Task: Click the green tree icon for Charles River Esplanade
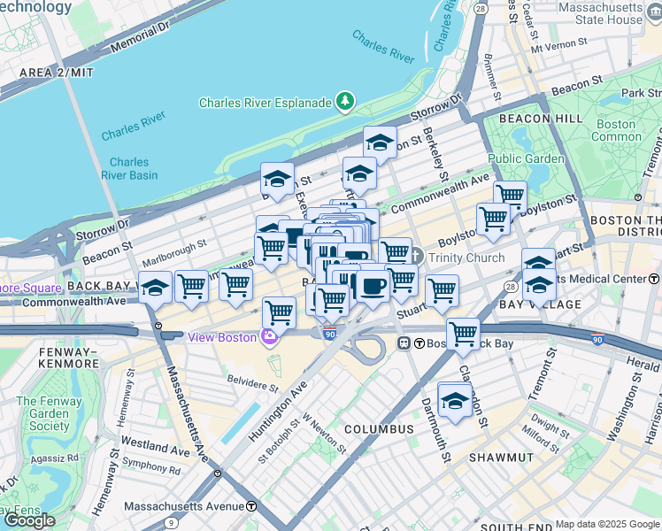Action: [344, 103]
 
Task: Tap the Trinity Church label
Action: [466, 258]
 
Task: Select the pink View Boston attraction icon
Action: [267, 337]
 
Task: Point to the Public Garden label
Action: [526, 159]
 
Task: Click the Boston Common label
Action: [616, 130]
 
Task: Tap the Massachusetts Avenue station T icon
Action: [251, 506]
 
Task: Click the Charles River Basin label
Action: [129, 168]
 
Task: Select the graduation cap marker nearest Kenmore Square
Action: [155, 288]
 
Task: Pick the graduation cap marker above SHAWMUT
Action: [455, 400]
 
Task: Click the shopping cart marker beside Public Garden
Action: [510, 196]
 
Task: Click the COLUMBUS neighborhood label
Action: [379, 429]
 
